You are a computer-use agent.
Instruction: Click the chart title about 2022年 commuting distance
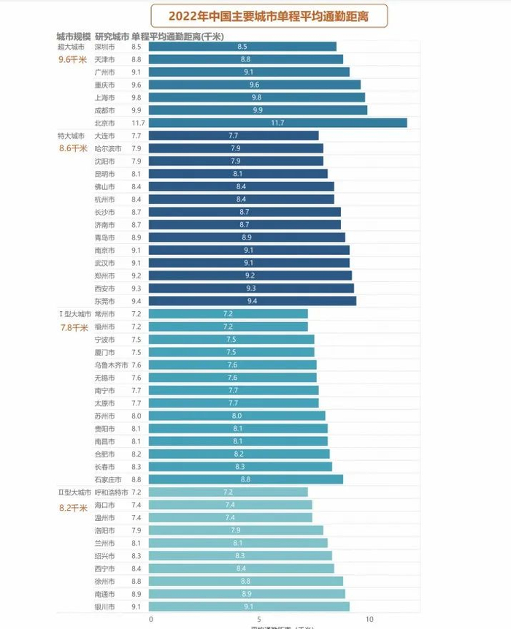point(269,15)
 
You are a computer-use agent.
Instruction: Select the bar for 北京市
point(277,123)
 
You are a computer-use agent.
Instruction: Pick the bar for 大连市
point(234,136)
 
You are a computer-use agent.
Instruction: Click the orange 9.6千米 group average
point(72,60)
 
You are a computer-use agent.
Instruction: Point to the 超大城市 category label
point(71,47)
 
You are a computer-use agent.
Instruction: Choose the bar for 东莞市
point(252,301)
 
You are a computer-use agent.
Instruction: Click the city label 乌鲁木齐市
point(111,365)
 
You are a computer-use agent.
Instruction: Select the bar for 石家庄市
point(245,479)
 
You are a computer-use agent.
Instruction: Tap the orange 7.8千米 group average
point(73,327)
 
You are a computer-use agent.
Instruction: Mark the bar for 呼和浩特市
point(228,492)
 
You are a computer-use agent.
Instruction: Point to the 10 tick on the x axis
point(370,620)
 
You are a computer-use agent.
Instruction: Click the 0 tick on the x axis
point(151,620)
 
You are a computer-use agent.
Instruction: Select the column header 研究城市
point(112,36)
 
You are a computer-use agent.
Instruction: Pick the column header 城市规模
point(74,36)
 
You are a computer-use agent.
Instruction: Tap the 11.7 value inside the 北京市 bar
point(277,123)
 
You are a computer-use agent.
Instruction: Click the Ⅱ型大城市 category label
point(75,492)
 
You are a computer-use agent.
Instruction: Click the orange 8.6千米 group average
point(72,148)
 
